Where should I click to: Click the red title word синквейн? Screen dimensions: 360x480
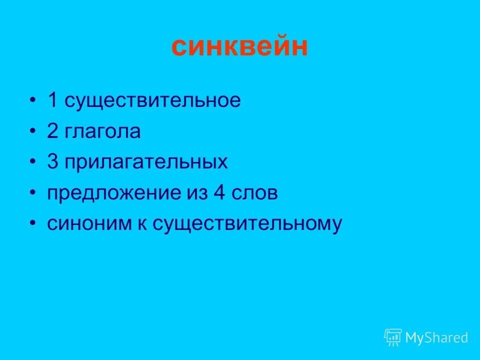239,47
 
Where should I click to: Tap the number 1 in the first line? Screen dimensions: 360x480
52,101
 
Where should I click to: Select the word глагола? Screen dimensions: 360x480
102,132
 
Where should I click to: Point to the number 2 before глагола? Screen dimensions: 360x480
52,132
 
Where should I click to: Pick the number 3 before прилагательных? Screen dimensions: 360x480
52,162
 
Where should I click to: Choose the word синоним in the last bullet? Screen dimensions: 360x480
83,223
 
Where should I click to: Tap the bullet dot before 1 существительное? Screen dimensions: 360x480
32,101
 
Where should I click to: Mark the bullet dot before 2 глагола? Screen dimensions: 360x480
32,132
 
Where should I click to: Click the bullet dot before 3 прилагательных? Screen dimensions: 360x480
32,162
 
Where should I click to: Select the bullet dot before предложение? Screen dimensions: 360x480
32,193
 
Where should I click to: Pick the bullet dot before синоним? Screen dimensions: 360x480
32,223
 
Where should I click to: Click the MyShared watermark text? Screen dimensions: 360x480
436,337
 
